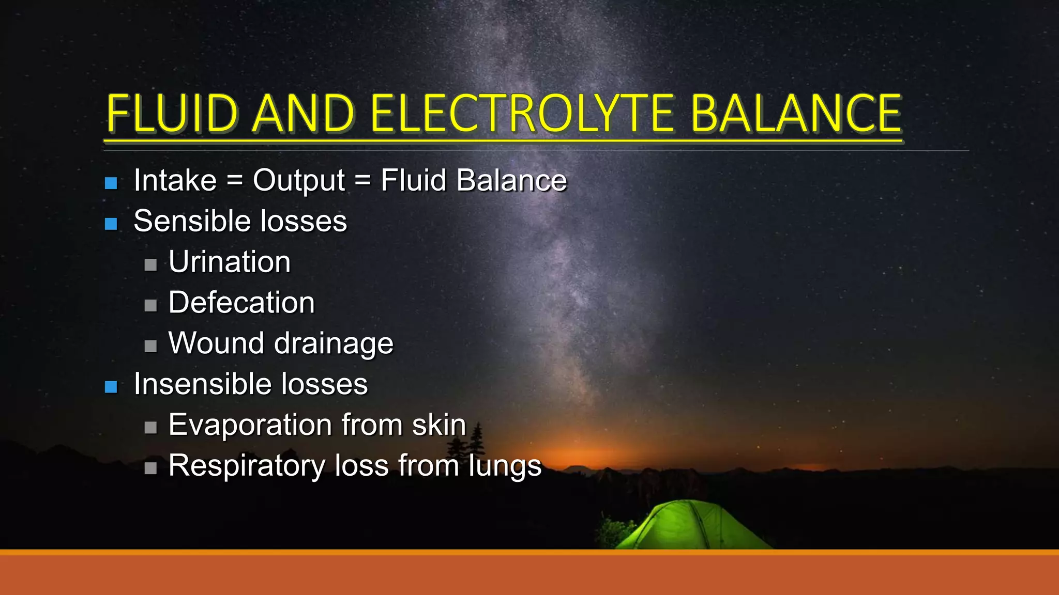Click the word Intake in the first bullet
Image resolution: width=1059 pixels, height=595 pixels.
click(x=175, y=180)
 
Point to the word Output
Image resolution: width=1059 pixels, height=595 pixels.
click(x=298, y=180)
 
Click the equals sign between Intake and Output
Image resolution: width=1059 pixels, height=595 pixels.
click(x=235, y=181)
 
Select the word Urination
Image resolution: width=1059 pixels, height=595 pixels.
click(x=230, y=262)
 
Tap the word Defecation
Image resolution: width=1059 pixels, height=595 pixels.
click(x=241, y=303)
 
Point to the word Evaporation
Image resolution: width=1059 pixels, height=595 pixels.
click(x=250, y=426)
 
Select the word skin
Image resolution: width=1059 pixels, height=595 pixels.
click(x=439, y=425)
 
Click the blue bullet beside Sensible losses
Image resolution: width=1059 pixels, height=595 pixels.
click(x=111, y=224)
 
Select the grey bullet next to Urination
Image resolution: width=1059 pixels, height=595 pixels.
click(x=150, y=265)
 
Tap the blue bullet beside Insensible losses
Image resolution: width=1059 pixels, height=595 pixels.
click(x=111, y=387)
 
